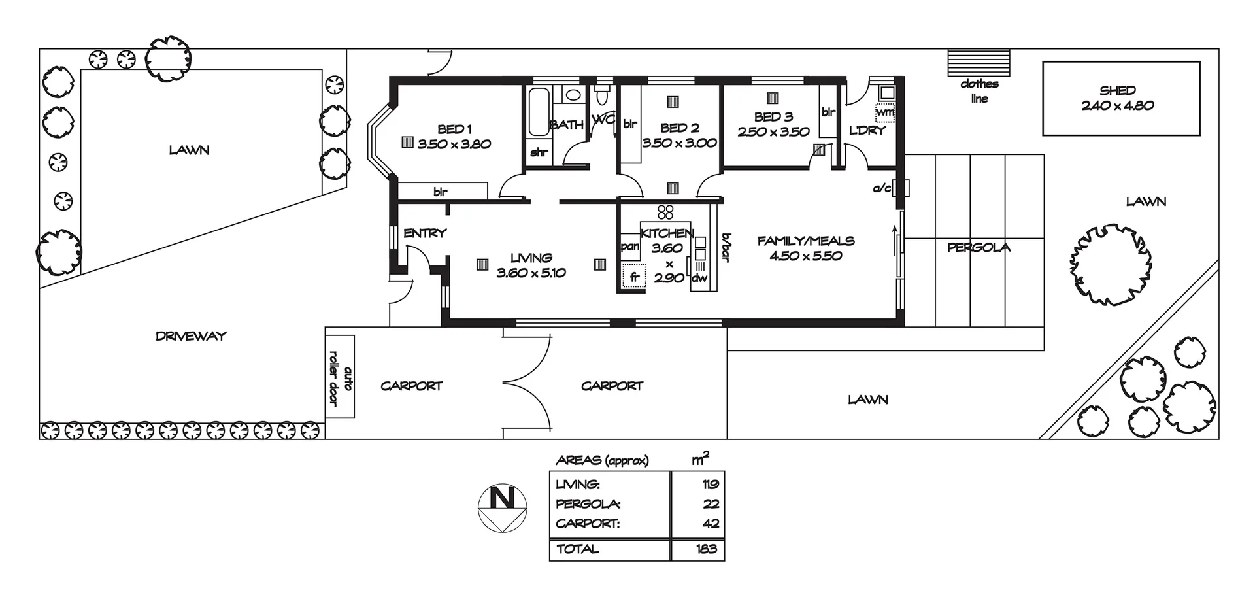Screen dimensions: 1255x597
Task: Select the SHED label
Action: pos(1118,90)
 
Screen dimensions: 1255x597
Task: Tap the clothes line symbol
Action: pos(979,63)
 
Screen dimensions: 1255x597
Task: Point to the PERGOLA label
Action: pos(979,247)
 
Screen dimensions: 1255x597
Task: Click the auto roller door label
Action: pos(340,377)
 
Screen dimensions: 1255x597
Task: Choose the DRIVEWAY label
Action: pos(191,336)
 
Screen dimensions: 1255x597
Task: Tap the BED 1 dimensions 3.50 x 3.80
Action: pos(454,144)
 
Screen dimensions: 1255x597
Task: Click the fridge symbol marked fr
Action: pos(634,277)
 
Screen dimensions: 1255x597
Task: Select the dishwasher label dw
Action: pos(699,278)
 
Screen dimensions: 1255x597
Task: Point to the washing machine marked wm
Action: pos(884,112)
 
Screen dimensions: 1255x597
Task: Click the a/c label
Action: pos(882,189)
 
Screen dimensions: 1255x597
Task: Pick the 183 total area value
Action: pos(706,549)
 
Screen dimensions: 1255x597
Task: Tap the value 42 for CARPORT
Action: pos(711,524)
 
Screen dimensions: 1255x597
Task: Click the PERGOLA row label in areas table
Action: pos(588,504)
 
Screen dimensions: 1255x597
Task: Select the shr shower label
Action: pos(539,152)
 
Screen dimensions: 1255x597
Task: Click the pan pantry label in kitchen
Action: pos(629,247)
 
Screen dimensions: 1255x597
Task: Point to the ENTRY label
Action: pos(425,233)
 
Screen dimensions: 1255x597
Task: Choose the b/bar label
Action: pos(726,248)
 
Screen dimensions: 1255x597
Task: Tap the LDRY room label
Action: pos(867,130)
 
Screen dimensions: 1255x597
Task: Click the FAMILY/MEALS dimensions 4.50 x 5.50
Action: pos(806,256)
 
